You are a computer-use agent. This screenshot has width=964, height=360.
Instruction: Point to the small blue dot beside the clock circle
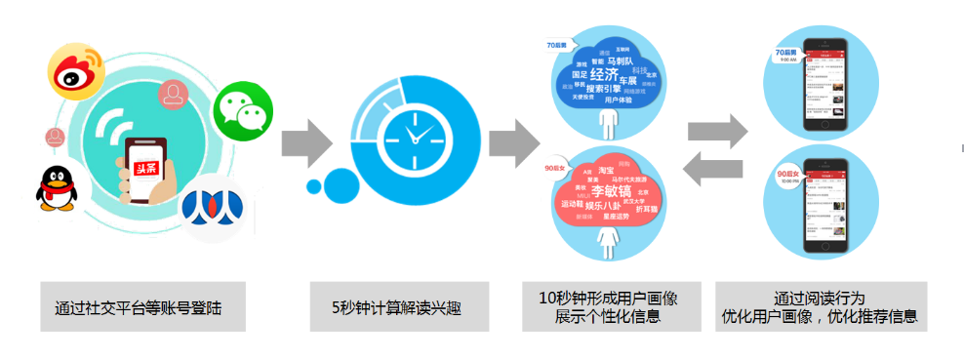pyautogui.click(x=314, y=185)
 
